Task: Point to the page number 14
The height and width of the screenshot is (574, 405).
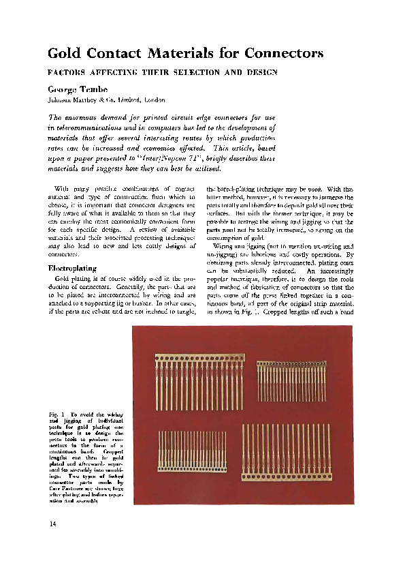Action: click(x=52, y=524)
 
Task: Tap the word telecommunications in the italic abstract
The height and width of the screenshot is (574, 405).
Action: click(x=92, y=127)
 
